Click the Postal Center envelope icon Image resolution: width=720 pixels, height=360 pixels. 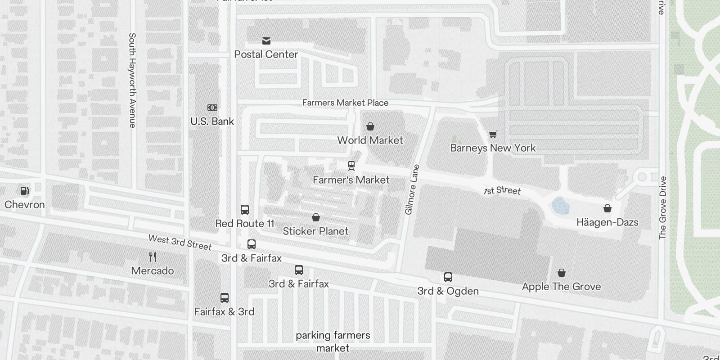point(266,41)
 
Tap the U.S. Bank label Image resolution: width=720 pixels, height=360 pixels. point(212,121)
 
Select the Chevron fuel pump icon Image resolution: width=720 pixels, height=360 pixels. point(25,191)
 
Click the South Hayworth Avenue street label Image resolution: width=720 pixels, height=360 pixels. point(132,80)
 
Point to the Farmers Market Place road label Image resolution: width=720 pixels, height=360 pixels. point(345,103)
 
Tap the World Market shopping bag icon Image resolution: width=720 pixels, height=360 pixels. point(370,126)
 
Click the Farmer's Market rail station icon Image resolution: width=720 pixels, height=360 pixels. point(351,166)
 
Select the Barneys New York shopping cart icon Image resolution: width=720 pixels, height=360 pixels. point(493,134)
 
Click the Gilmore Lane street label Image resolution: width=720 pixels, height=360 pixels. point(412,189)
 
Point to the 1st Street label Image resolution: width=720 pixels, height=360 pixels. point(502,191)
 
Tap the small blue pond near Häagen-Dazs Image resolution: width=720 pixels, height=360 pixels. point(561,206)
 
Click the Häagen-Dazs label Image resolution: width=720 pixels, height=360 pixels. point(607,222)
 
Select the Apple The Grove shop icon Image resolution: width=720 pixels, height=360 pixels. point(562,273)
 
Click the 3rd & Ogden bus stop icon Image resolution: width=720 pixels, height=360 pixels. point(448,277)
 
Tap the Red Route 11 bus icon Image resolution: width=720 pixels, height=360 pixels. point(245,210)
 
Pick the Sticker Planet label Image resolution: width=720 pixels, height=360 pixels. point(315,231)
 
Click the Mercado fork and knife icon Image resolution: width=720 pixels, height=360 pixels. point(153,257)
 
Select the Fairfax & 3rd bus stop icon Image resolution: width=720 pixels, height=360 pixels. point(225,298)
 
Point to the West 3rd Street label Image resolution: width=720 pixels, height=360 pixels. point(180,242)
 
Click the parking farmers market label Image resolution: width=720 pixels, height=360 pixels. point(333,342)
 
